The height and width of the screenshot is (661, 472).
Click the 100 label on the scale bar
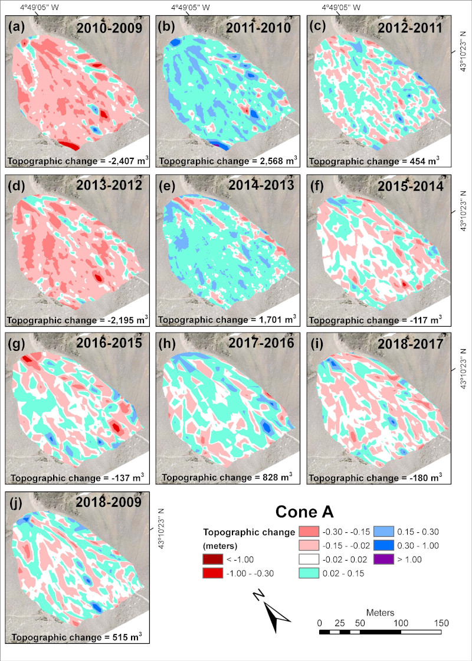tap(401, 623)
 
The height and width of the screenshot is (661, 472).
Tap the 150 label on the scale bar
tap(441, 623)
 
